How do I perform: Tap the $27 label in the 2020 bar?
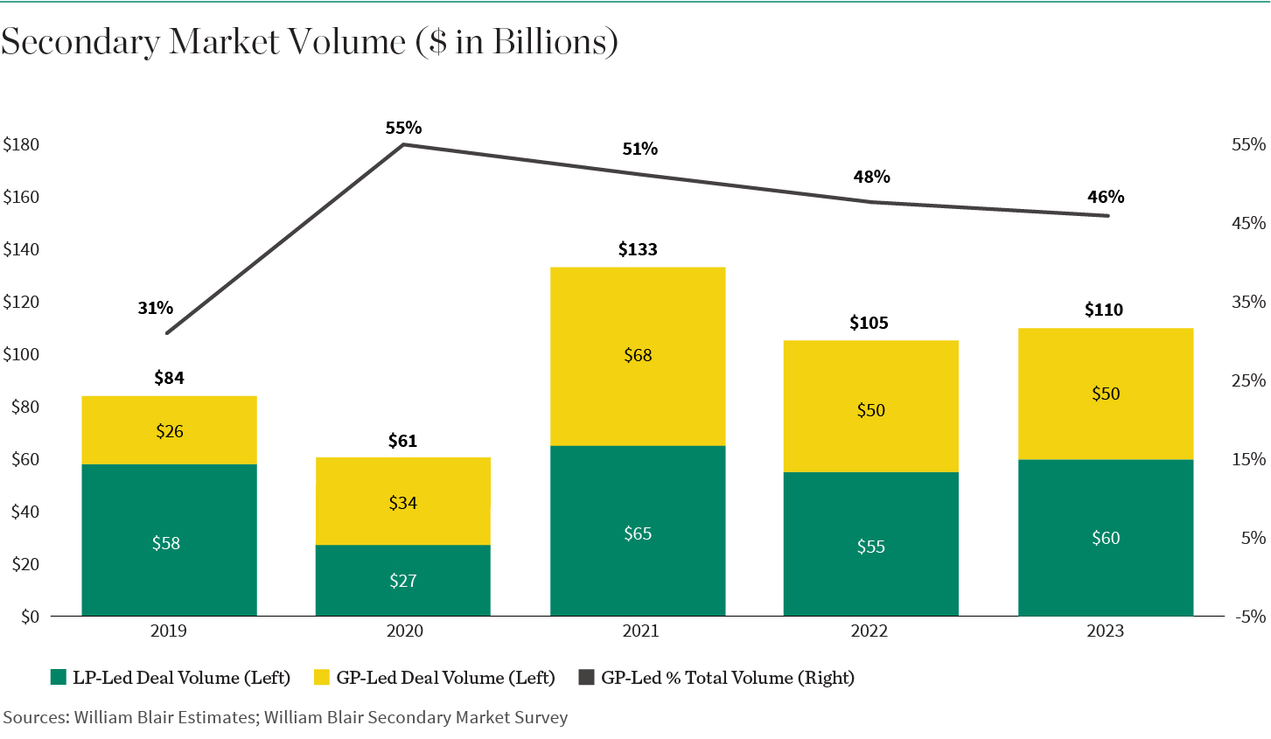(x=403, y=581)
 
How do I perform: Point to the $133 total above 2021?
(x=638, y=250)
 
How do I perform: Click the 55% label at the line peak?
(x=403, y=129)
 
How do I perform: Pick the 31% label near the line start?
(x=156, y=308)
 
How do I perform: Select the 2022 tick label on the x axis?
(x=869, y=631)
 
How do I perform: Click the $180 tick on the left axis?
(x=22, y=145)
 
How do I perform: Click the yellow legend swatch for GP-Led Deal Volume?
(x=322, y=678)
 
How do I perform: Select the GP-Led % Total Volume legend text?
(x=727, y=678)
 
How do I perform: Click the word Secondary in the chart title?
(x=80, y=42)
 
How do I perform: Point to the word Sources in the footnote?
(x=35, y=718)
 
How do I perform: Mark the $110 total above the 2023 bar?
(x=1104, y=310)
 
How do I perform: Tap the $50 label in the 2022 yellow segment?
(x=871, y=411)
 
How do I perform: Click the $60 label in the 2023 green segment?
(x=1106, y=539)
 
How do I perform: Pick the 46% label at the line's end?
(x=1106, y=198)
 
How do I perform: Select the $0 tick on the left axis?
(x=31, y=617)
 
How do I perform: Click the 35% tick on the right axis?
(x=1248, y=303)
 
